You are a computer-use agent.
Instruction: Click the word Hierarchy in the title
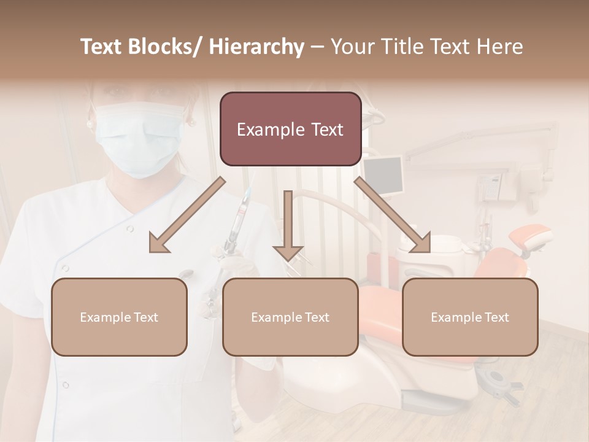[x=256, y=47]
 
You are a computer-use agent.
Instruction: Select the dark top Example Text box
[x=290, y=129]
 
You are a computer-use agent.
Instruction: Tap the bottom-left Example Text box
[x=119, y=317]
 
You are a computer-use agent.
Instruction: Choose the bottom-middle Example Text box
[x=290, y=317]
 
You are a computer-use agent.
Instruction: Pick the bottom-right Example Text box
[x=470, y=317]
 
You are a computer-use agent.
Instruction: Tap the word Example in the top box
[x=270, y=130]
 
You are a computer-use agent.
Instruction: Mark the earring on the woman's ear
[x=90, y=123]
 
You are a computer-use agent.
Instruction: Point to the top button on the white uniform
[x=129, y=229]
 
